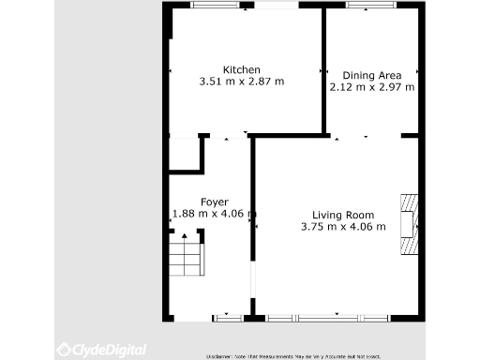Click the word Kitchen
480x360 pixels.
pyautogui.click(x=241, y=70)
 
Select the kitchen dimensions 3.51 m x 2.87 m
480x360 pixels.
pyautogui.click(x=241, y=82)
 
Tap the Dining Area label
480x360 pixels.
pyautogui.click(x=371, y=75)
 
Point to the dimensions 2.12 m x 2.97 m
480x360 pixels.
pyautogui.click(x=371, y=87)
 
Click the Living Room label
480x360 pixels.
pyautogui.click(x=342, y=214)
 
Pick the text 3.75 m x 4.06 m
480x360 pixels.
pyautogui.click(x=342, y=226)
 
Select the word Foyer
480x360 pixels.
pyautogui.click(x=214, y=202)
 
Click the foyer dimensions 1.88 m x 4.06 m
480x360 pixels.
pyautogui.click(x=214, y=214)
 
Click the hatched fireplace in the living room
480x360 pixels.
pyautogui.click(x=410, y=225)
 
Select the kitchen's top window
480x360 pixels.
pyautogui.click(x=218, y=6)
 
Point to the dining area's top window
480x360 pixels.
pyautogui.click(x=369, y=6)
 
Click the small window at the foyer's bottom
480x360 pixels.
pyautogui.click(x=226, y=316)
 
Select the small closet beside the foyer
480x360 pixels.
pyautogui.click(x=185, y=153)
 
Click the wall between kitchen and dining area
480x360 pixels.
pyautogui.click(x=323, y=70)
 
